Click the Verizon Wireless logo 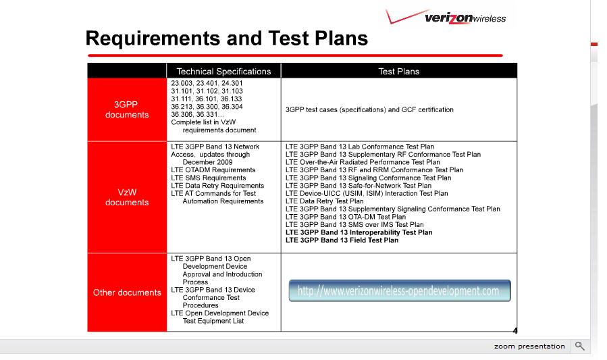coord(446,17)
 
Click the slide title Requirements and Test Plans coord(226,38)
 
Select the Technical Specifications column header coord(223,71)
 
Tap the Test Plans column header coord(399,71)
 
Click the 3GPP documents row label coord(127,109)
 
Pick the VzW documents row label coord(127,197)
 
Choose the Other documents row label coord(127,292)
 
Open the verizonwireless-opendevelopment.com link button coord(400,290)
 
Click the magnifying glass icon coord(579,346)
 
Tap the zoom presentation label coord(529,346)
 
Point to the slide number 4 coord(515,330)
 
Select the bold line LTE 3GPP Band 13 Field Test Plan coord(342,240)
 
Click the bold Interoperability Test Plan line coord(359,232)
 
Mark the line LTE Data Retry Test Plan coord(324,201)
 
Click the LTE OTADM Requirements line coord(213,170)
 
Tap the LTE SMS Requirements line coord(208,178)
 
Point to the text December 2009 coord(207,162)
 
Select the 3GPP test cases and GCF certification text coord(369,109)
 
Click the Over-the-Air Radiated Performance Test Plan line coord(363,162)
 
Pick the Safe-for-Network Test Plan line coord(359,186)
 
